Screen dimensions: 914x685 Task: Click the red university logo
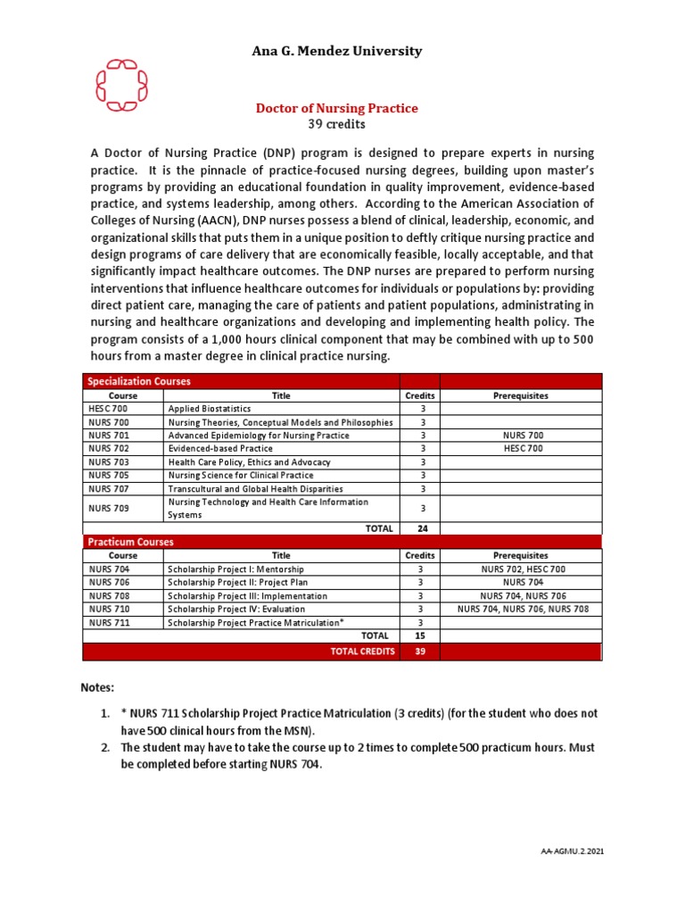coord(121,86)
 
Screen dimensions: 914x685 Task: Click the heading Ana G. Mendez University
coord(336,51)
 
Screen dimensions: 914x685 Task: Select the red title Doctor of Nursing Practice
coord(336,108)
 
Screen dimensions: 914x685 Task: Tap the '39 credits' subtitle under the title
coord(336,124)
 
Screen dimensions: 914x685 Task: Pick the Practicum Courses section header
coord(130,542)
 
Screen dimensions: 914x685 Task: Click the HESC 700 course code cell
coord(109,408)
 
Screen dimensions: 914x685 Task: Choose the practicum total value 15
coord(419,636)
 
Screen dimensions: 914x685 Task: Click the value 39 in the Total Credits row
coord(419,652)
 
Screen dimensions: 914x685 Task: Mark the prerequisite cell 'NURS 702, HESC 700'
coord(522,569)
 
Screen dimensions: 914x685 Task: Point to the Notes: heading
coord(98,688)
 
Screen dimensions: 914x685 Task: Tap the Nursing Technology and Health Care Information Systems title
coord(268,508)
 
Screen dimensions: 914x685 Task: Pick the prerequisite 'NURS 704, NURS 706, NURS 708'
coord(522,609)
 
